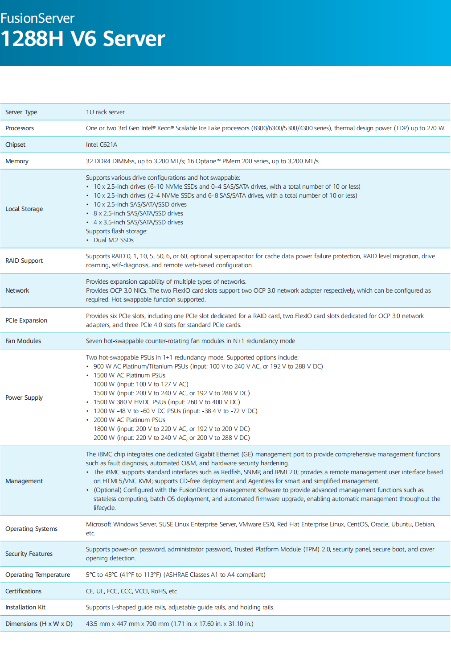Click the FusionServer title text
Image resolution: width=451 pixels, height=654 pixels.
(x=37, y=18)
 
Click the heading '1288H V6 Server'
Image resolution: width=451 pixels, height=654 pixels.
(x=83, y=39)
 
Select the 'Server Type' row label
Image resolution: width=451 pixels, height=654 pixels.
(x=21, y=112)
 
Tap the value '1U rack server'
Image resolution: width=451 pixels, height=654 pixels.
(x=105, y=112)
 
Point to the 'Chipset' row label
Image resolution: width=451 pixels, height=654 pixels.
(x=15, y=145)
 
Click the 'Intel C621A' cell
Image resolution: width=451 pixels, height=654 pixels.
(x=102, y=145)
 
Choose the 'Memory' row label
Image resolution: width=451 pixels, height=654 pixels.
(x=17, y=161)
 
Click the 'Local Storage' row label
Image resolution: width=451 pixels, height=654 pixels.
(x=24, y=209)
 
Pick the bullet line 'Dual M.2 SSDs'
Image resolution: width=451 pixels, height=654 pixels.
(x=113, y=240)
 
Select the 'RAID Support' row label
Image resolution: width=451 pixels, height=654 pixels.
(x=24, y=261)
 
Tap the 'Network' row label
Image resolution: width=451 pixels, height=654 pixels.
(x=17, y=290)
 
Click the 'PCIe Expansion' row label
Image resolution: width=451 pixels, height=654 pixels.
(x=26, y=320)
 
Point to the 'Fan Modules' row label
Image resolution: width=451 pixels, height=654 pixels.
(x=23, y=341)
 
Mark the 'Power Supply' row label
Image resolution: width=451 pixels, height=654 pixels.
(x=24, y=397)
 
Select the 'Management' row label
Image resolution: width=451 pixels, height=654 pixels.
(x=24, y=481)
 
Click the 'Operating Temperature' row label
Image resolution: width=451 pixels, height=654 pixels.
(x=37, y=575)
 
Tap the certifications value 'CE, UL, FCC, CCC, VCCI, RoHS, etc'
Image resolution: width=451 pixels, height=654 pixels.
(x=131, y=591)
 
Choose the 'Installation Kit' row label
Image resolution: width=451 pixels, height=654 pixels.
(x=25, y=607)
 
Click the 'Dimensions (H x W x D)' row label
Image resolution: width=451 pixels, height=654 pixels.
(x=39, y=624)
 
